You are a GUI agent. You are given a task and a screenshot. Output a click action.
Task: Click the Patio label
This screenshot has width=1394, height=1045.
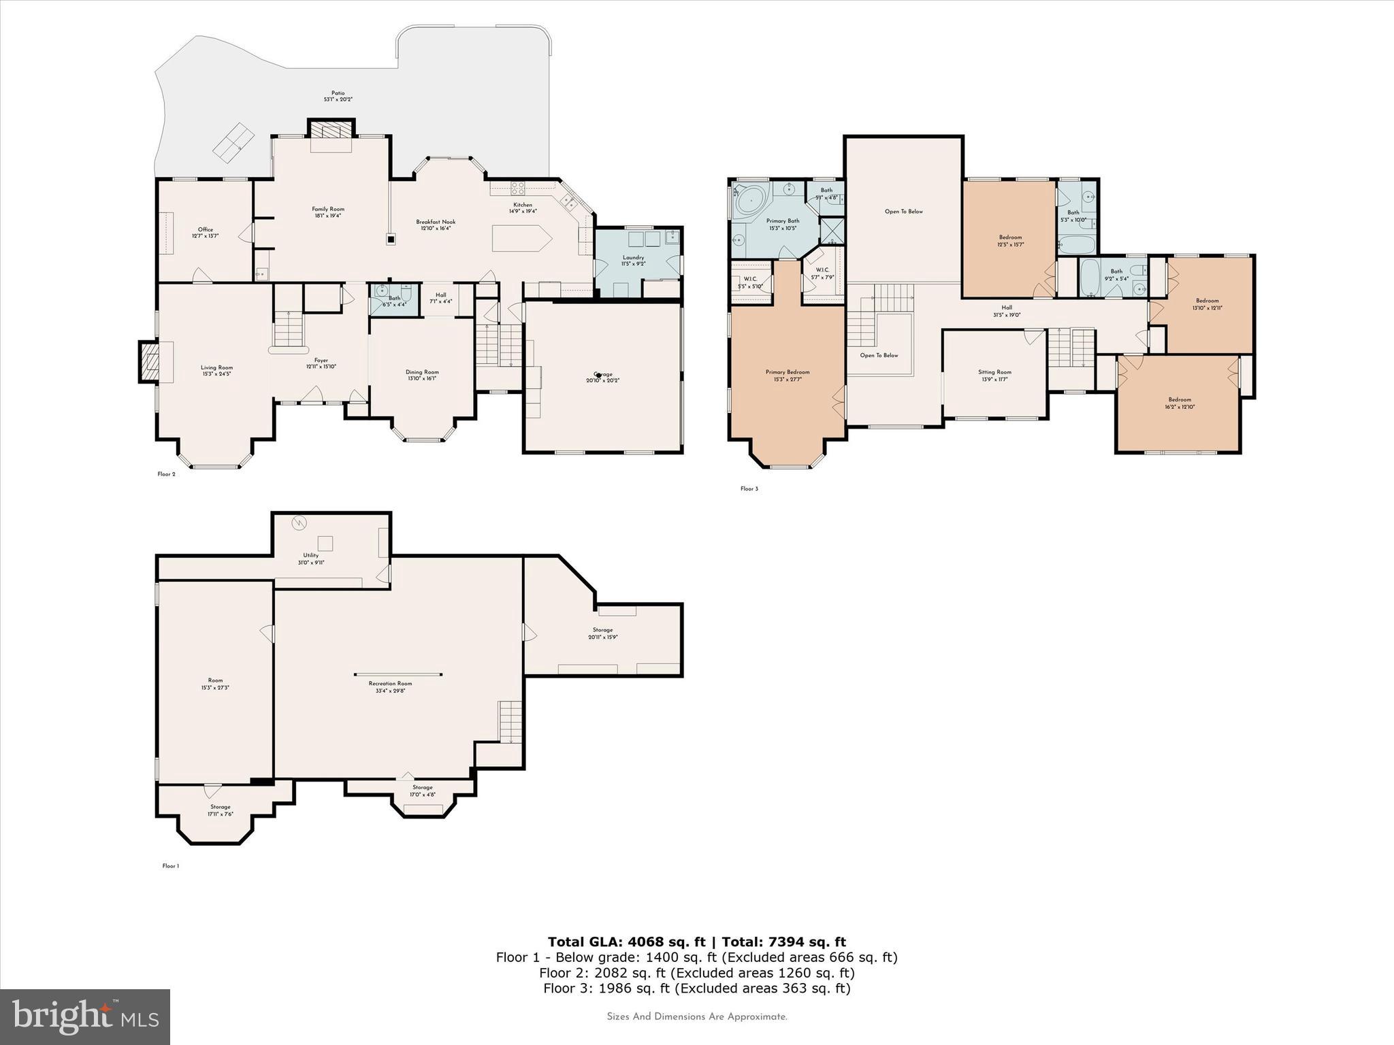point(338,93)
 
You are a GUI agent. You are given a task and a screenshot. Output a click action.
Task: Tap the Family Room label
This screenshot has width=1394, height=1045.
point(328,210)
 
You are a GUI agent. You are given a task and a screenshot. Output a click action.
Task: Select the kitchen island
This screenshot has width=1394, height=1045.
point(521,239)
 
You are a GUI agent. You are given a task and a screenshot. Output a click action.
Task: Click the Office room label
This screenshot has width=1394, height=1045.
point(205,230)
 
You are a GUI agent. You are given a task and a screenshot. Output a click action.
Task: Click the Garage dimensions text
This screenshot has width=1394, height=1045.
point(603,380)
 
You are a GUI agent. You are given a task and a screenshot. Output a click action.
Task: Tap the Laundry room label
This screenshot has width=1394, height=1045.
point(633,258)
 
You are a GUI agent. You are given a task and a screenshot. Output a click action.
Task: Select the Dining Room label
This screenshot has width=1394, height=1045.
point(422,372)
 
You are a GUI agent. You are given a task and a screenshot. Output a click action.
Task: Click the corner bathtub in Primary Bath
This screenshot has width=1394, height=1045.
point(752,201)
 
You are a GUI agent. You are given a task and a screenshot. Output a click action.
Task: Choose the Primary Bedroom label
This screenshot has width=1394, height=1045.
point(788,372)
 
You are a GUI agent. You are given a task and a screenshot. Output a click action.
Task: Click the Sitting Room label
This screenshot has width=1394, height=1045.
point(994,372)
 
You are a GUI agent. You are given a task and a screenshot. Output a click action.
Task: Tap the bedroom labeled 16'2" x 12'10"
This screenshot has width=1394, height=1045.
point(1180,403)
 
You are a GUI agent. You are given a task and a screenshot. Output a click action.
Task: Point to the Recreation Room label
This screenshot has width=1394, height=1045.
point(391,683)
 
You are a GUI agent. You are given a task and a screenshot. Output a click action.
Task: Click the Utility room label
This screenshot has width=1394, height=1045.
point(311,556)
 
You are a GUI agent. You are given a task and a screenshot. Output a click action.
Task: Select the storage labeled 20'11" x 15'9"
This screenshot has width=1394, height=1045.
point(602,633)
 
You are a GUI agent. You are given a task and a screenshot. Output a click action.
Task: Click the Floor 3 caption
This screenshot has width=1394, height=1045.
point(749,488)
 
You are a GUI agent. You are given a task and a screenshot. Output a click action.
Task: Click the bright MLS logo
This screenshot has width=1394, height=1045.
point(85,1016)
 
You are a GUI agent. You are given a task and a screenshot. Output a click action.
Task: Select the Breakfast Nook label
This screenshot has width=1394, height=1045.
point(436,222)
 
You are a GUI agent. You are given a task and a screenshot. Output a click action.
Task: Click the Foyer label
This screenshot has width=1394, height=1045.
point(321,361)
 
